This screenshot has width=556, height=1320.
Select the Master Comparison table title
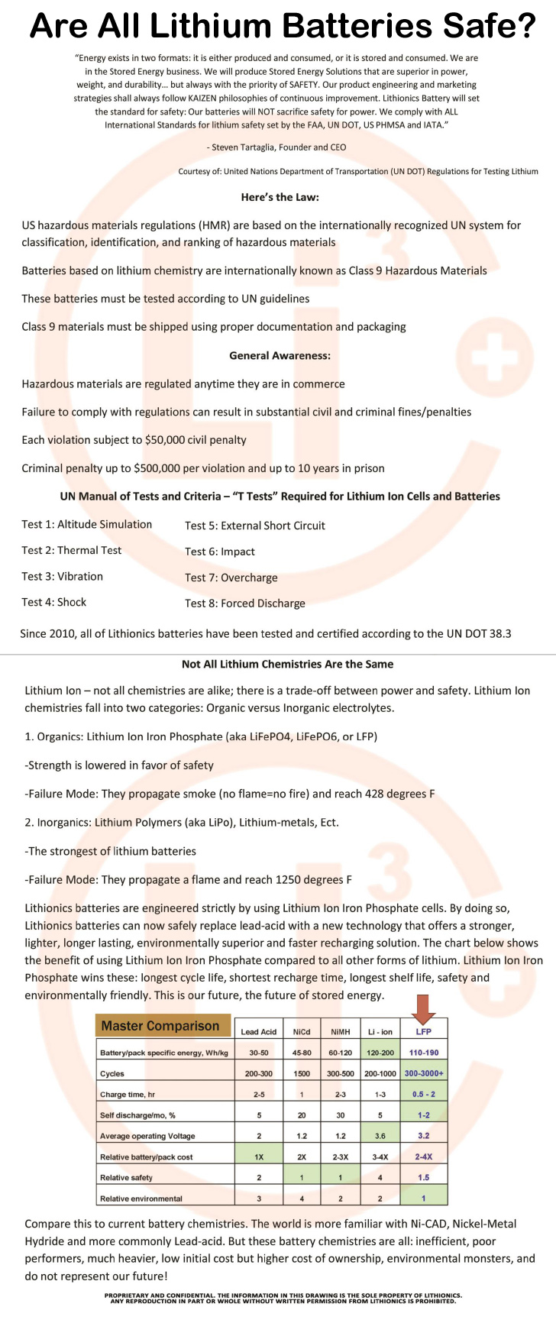160,1026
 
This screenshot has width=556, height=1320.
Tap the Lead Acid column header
259,1031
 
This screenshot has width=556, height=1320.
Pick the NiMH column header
340,1031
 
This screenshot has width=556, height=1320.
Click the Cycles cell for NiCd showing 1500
302,1073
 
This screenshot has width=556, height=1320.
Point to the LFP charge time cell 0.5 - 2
424,1094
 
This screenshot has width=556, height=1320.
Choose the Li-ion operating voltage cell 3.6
380,1136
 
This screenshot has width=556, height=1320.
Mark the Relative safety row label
126,1177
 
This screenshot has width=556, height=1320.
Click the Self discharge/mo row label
137,1115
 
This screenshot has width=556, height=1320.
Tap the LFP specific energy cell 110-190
424,1053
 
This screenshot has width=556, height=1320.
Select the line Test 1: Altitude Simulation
87,524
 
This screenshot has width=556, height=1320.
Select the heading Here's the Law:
280,197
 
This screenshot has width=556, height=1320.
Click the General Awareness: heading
280,355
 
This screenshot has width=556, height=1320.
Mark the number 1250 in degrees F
299,879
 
